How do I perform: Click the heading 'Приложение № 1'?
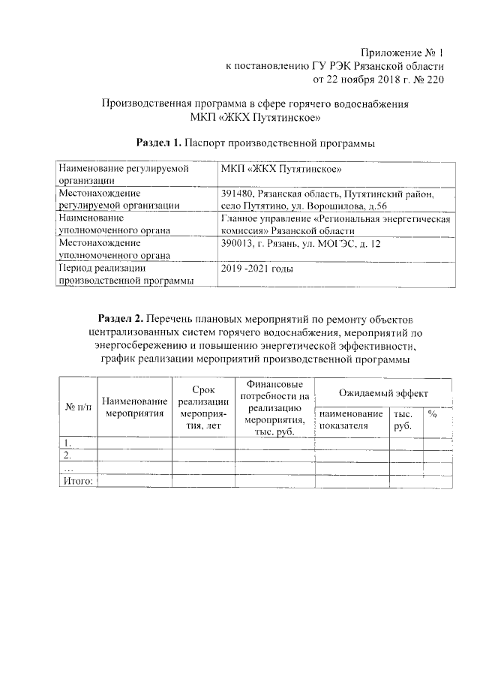(x=403, y=53)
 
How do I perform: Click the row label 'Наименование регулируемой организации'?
(x=121, y=175)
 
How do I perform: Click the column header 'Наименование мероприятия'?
(x=135, y=407)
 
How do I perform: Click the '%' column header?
(x=433, y=413)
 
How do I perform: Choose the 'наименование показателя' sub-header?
(x=350, y=419)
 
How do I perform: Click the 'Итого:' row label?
(x=77, y=481)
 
